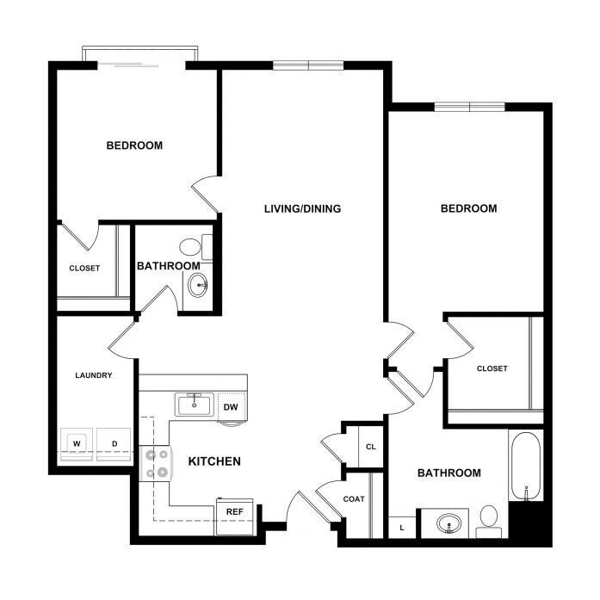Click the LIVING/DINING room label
click(x=302, y=208)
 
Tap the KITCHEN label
click(x=214, y=461)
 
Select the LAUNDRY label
click(x=94, y=375)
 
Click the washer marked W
click(x=77, y=444)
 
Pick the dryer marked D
click(x=114, y=444)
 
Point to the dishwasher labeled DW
click(x=231, y=407)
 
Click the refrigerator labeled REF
click(x=234, y=516)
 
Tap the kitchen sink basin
click(x=195, y=405)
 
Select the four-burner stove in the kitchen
click(x=156, y=463)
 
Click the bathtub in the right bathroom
click(x=526, y=466)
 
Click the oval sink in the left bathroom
click(x=198, y=285)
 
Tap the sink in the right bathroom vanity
click(x=449, y=523)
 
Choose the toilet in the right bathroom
click(x=489, y=522)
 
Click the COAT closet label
click(x=354, y=499)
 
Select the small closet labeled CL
click(x=371, y=446)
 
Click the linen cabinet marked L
click(x=402, y=528)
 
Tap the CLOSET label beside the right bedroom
click(x=492, y=368)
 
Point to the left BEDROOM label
click(x=134, y=145)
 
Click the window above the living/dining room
click(x=308, y=65)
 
